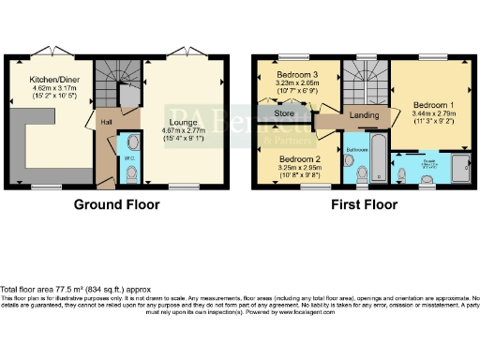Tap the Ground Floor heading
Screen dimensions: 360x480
(x=114, y=203)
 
